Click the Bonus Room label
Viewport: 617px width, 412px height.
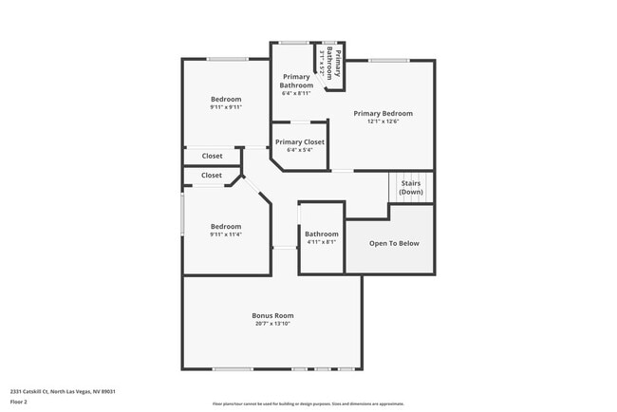click(272, 315)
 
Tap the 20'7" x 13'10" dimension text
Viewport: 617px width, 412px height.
click(272, 324)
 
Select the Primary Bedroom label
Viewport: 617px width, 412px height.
click(383, 113)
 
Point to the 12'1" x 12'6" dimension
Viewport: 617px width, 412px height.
click(383, 122)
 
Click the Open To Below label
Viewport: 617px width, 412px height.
click(394, 243)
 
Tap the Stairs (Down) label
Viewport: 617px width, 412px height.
click(411, 187)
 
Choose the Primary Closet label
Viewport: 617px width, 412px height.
click(300, 141)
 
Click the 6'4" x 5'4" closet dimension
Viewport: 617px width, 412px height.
click(300, 150)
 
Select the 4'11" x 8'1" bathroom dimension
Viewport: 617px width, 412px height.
click(321, 242)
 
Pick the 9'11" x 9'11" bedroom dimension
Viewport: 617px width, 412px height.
click(226, 107)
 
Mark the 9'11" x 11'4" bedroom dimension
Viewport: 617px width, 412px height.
click(226, 234)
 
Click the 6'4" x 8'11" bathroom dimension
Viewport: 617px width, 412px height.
click(296, 93)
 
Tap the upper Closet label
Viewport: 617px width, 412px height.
click(212, 156)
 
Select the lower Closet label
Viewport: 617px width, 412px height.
click(212, 175)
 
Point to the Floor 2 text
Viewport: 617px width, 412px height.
click(19, 402)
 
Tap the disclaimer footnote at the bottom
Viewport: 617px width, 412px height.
click(308, 404)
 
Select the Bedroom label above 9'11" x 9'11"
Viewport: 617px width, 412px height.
click(226, 99)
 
